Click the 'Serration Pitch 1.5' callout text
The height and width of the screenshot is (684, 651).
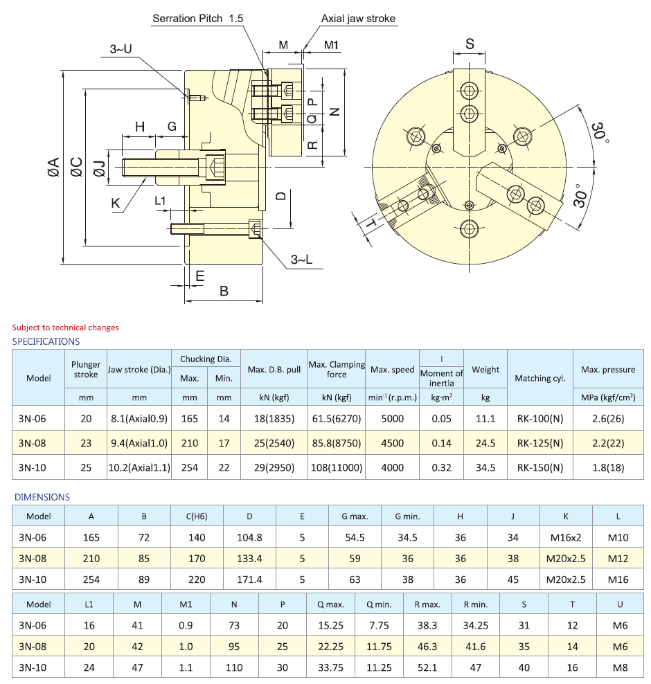pos(198,19)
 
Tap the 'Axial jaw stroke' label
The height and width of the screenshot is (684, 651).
pos(358,19)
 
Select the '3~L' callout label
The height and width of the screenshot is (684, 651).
pos(301,260)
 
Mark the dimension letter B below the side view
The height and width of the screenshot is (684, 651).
pos(224,291)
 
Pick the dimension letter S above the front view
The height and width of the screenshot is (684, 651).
pos(470,44)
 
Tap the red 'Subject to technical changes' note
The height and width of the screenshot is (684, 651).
pos(65,327)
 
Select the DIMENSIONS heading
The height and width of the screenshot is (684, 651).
pos(42,497)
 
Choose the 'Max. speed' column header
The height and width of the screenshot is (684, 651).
pos(392,370)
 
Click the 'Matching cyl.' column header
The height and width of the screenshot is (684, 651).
pos(540,378)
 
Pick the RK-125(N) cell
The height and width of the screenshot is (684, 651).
pos(540,443)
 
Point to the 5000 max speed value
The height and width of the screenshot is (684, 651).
pos(392,418)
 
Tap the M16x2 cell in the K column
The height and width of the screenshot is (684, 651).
pos(566,537)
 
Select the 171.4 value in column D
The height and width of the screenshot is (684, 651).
pos(249,579)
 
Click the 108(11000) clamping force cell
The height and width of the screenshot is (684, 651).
pos(337,467)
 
